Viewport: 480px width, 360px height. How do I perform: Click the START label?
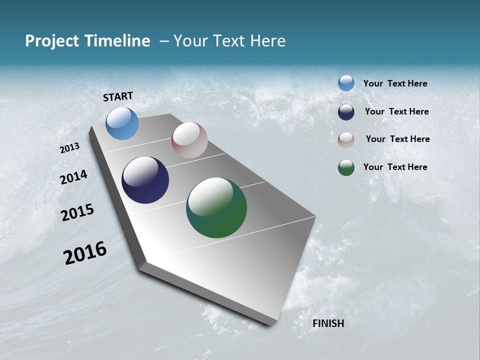pyautogui.click(x=118, y=96)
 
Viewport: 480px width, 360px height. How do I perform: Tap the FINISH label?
pyautogui.click(x=328, y=323)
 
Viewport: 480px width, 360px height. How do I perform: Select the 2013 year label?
pyautogui.click(x=69, y=148)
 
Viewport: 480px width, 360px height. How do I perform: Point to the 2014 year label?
pyautogui.click(x=73, y=177)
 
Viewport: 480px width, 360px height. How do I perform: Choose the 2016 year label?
pyautogui.click(x=85, y=253)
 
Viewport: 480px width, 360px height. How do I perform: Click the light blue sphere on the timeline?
pyautogui.click(x=122, y=123)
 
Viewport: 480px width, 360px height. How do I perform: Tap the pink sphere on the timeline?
pyautogui.click(x=189, y=140)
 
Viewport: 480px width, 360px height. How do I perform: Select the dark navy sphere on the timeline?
pyautogui.click(x=145, y=180)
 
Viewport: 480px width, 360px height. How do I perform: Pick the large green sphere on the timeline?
pyautogui.click(x=216, y=207)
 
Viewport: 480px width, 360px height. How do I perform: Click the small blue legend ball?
pyautogui.click(x=346, y=83)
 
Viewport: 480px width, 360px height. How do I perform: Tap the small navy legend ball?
pyautogui.click(x=346, y=112)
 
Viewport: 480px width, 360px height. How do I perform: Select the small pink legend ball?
pyautogui.click(x=346, y=140)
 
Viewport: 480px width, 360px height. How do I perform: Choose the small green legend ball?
pyautogui.click(x=346, y=167)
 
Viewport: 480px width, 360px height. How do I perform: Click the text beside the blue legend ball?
pyautogui.click(x=395, y=84)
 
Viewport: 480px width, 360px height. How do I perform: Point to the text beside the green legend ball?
pyautogui.click(x=395, y=167)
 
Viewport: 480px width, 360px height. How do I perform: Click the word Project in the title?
pyautogui.click(x=52, y=41)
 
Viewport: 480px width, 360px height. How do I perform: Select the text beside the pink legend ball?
pyautogui.click(x=397, y=139)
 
